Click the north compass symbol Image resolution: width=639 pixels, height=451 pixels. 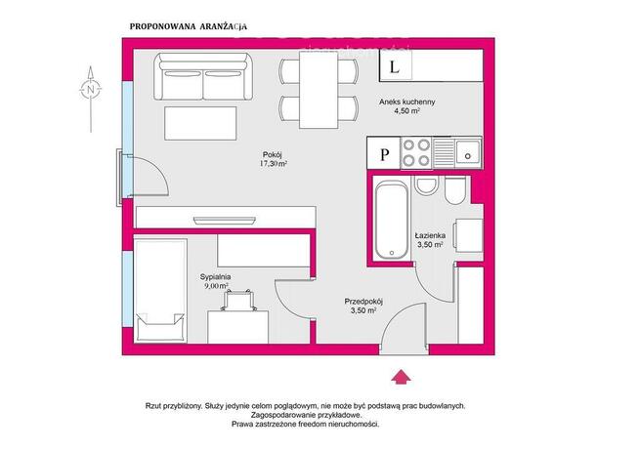[x=91, y=89]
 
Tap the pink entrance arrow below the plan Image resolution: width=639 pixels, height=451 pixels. [x=402, y=377]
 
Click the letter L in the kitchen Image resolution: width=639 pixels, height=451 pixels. [x=394, y=66]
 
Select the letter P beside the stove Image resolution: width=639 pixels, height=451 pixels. [x=384, y=154]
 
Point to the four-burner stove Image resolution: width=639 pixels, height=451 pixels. [x=416, y=152]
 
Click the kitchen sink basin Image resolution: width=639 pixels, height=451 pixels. [x=468, y=151]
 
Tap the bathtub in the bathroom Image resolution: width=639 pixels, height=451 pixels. [x=391, y=220]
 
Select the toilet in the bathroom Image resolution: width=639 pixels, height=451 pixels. [x=454, y=190]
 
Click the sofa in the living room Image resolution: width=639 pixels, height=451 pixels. [x=203, y=76]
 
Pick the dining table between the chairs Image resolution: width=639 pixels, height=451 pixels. [x=319, y=88]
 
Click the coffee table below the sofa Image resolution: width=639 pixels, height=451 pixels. [x=200, y=123]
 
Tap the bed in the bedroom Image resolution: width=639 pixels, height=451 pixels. [x=160, y=291]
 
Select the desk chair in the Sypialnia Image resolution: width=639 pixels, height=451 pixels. [x=239, y=300]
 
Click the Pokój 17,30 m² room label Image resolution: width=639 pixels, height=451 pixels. [x=273, y=159]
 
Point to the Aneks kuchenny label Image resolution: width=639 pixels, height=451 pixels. [x=407, y=102]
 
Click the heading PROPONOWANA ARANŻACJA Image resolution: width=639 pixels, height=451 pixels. [x=189, y=26]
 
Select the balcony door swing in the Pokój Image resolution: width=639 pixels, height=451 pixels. [x=150, y=176]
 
